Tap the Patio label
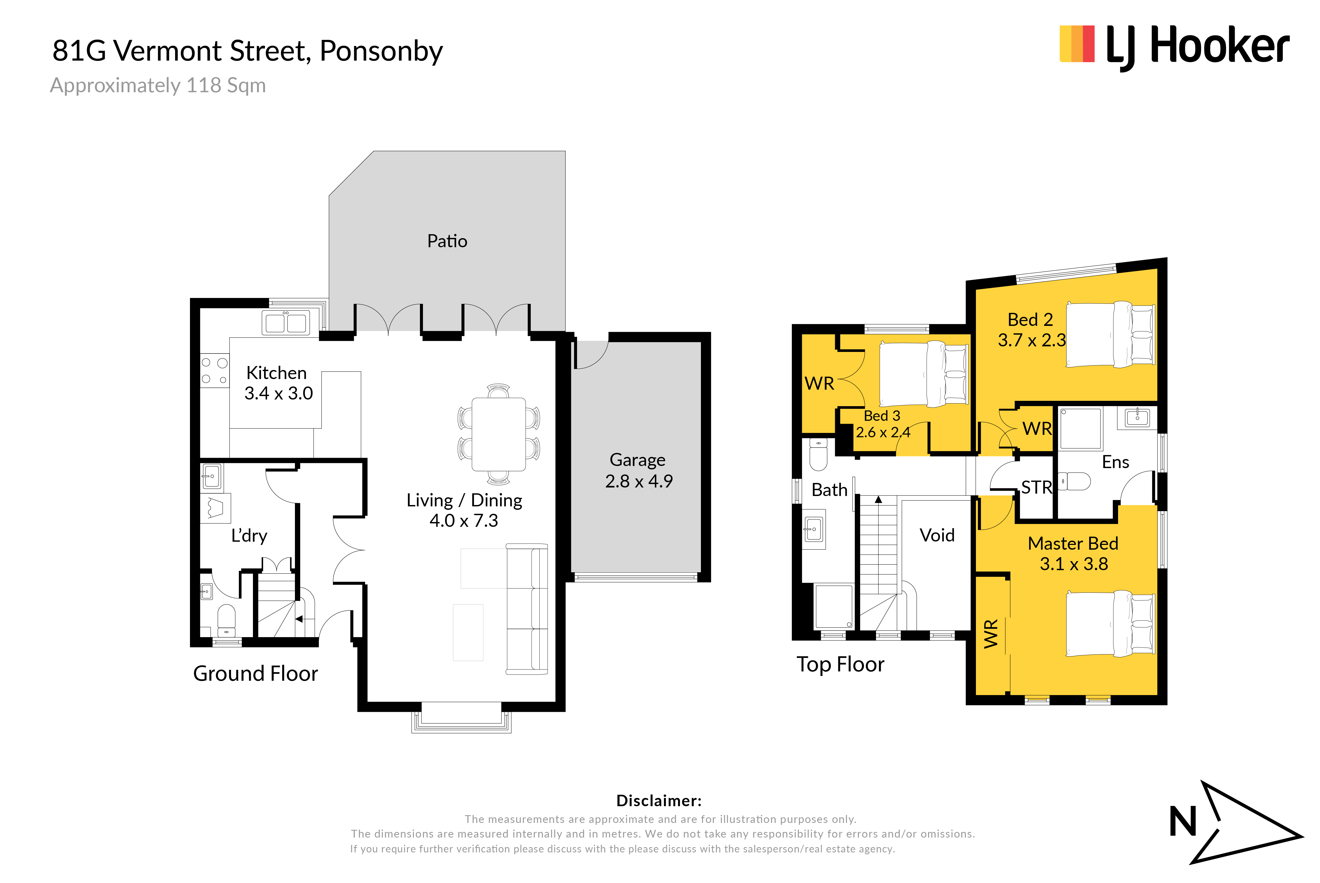[x=447, y=241]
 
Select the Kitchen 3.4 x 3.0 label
[x=278, y=383]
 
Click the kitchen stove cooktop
[x=215, y=371]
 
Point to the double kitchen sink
[x=286, y=323]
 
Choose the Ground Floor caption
[x=256, y=674]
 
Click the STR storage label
[x=1037, y=487]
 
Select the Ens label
[x=1116, y=462]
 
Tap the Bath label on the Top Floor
[x=829, y=490]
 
